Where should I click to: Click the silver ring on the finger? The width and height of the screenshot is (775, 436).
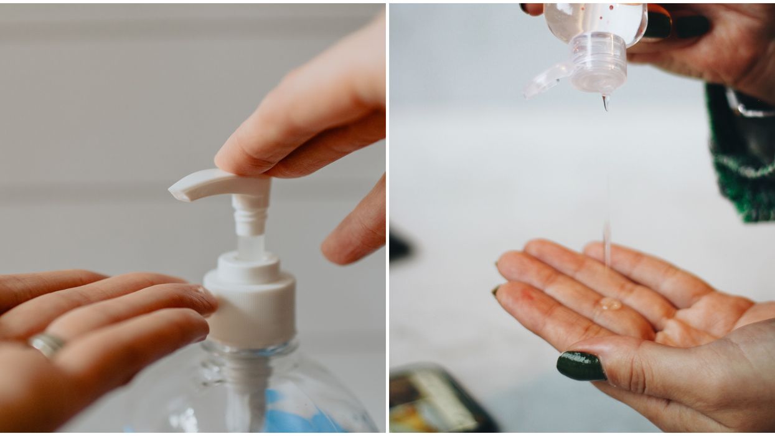[47, 344]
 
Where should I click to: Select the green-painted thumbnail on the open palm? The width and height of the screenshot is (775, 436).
[580, 366]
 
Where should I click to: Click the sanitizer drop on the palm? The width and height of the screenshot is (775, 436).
[609, 304]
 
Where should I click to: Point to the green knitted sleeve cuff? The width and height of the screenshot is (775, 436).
[741, 162]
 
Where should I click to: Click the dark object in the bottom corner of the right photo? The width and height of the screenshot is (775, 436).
[436, 399]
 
